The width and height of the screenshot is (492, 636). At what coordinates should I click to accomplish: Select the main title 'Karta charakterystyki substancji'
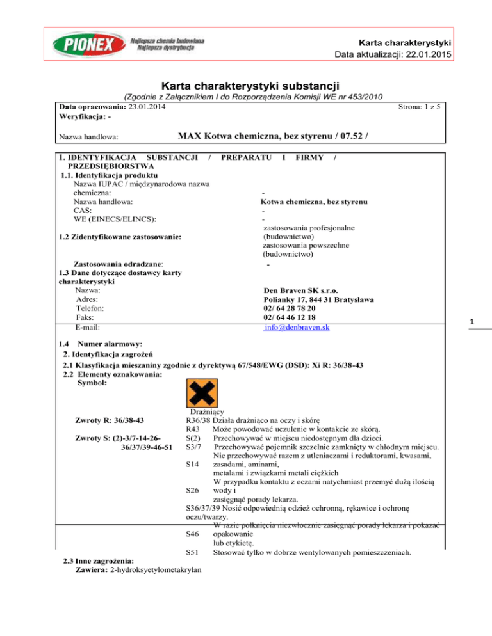245,85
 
